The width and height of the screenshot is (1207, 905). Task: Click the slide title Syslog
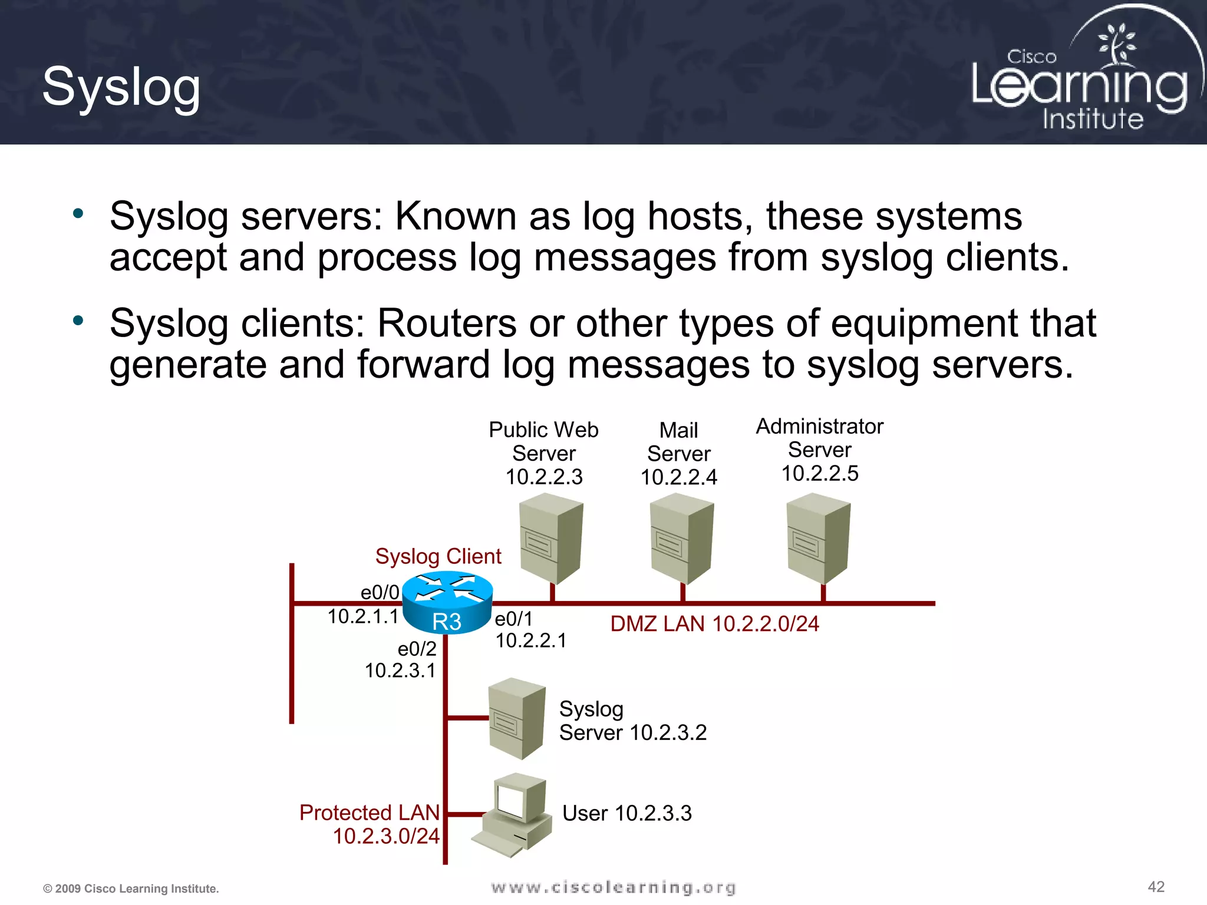(x=121, y=87)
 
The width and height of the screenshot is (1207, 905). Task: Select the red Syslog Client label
(x=438, y=556)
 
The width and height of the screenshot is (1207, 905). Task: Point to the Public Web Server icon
(x=550, y=539)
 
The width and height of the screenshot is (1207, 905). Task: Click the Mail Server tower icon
(x=681, y=539)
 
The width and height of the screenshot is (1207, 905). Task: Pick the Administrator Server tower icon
(x=818, y=539)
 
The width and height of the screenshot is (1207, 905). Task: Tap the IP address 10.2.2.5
(x=819, y=473)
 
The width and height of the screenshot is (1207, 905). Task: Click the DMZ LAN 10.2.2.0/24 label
(x=714, y=624)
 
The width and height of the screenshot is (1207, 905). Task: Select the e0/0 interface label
(x=380, y=592)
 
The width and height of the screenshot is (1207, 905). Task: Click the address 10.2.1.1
(x=363, y=616)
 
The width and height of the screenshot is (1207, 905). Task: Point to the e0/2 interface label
(x=417, y=649)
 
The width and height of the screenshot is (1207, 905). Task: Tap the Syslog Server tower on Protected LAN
(x=516, y=718)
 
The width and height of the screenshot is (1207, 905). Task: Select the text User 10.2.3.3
(x=626, y=813)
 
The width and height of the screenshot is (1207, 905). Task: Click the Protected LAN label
(x=370, y=812)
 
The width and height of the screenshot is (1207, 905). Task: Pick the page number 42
(x=1156, y=887)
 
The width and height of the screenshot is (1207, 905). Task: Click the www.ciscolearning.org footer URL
(x=613, y=887)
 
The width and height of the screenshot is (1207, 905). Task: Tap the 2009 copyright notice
(x=131, y=889)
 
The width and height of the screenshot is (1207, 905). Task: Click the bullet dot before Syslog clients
(x=78, y=321)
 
